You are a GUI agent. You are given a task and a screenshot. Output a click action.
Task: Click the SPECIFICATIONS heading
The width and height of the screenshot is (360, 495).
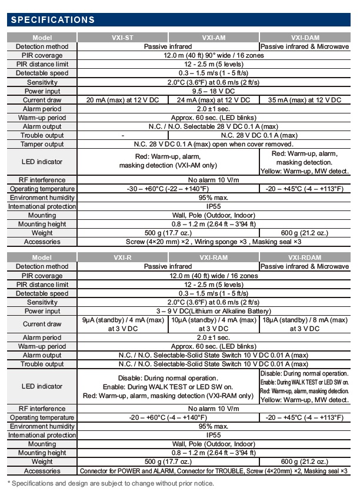(53, 20)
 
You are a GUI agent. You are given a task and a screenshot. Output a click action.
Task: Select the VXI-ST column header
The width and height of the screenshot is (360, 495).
(122, 37)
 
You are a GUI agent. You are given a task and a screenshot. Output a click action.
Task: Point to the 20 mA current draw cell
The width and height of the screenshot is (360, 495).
(122, 100)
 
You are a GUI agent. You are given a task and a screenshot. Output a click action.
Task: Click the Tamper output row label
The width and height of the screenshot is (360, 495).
(42, 144)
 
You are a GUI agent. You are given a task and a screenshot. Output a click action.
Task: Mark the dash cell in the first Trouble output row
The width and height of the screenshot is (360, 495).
(122, 135)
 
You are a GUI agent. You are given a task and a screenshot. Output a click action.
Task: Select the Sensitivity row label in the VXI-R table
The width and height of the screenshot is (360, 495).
(42, 302)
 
